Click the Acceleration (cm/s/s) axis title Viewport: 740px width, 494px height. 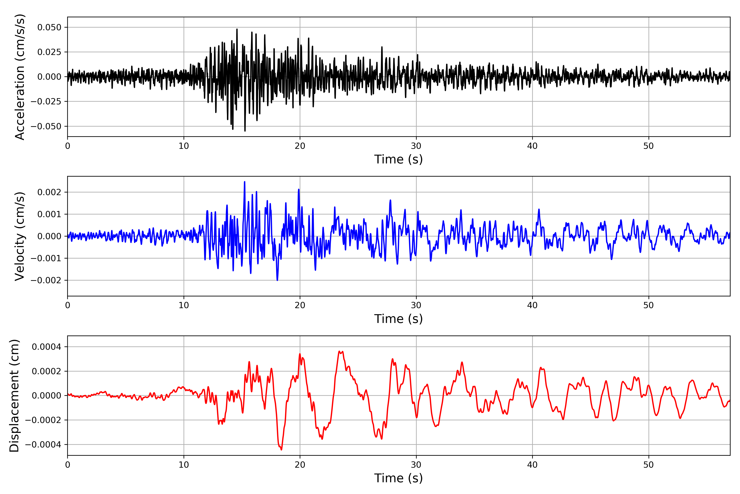20,77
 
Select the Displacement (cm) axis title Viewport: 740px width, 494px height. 14,396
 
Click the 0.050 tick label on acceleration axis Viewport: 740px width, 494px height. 49,27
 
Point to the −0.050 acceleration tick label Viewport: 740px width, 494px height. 46,126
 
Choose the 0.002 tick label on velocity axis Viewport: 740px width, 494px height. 49,192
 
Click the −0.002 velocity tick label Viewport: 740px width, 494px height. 46,280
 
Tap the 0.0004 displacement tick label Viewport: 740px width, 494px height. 47,347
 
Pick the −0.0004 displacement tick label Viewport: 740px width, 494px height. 43,445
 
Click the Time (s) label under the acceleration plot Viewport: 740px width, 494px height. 398,159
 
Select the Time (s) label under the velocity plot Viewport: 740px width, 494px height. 398,319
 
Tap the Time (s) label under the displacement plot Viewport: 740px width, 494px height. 398,478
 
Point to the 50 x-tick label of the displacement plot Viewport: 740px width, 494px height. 649,465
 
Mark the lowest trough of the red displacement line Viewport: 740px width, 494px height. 281,450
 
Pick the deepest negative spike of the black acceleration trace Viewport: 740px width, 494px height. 245,131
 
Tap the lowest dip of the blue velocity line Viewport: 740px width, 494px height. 277,280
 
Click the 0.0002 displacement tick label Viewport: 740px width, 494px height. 47,371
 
